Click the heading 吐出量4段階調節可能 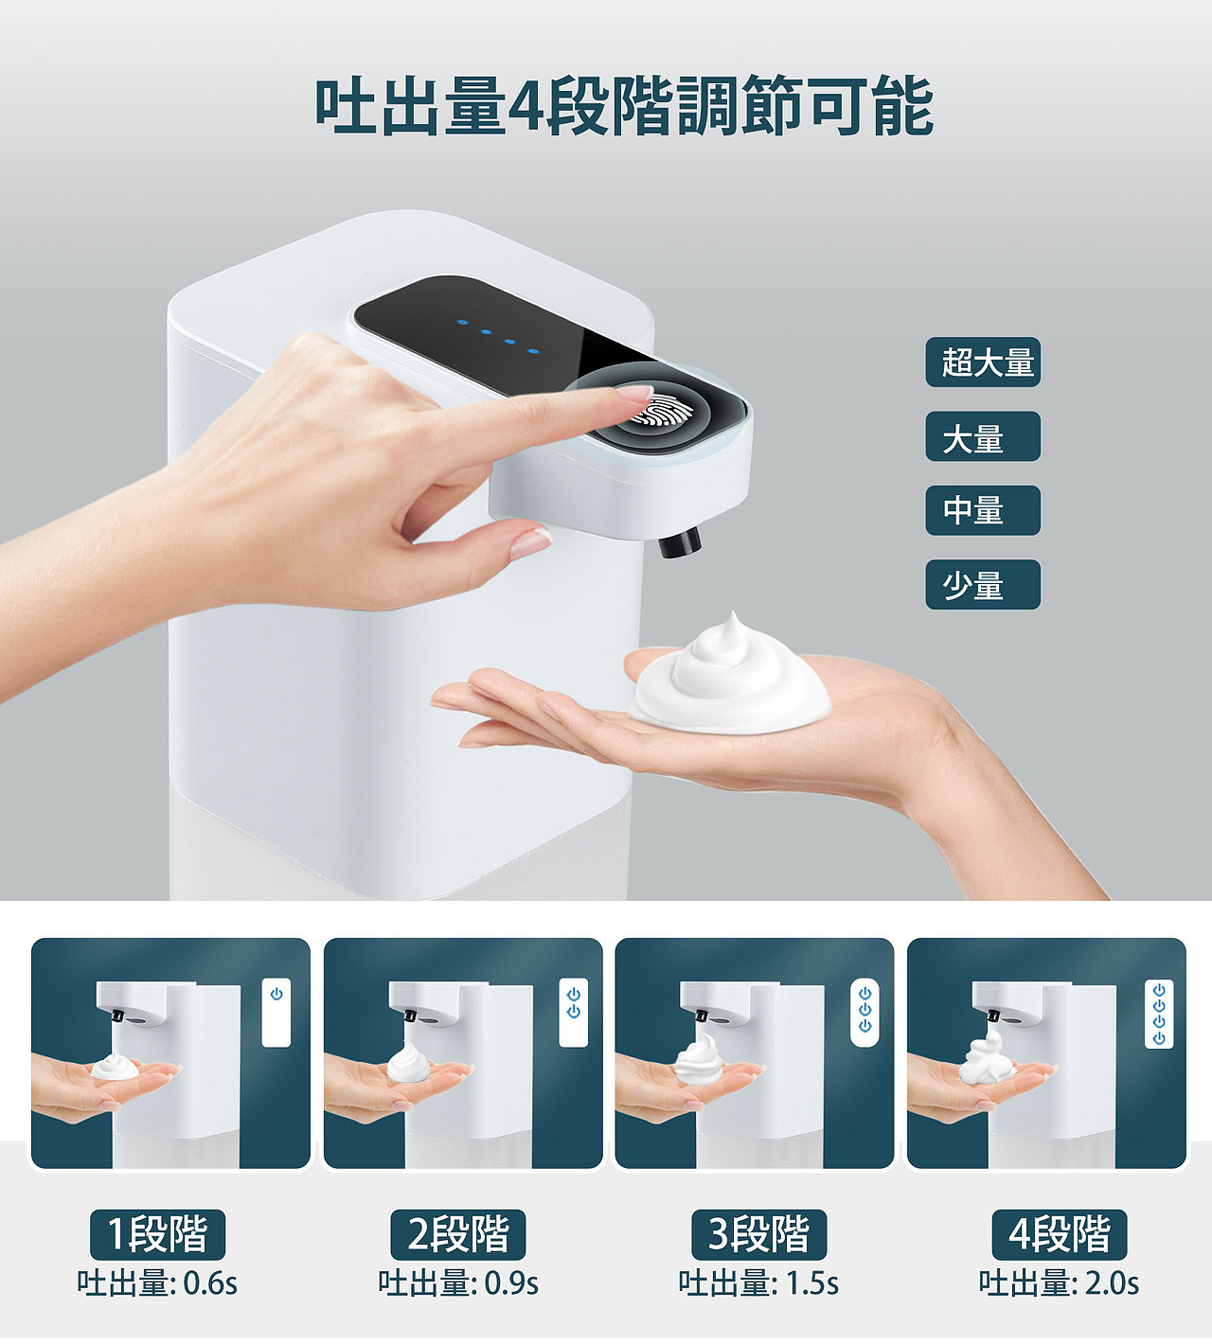coord(624,106)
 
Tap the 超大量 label coord(983,363)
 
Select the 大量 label coord(983,437)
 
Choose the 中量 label coord(983,511)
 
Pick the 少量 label coord(983,585)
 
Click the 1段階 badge coord(157,1234)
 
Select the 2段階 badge coord(458,1234)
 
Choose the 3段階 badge coord(758,1234)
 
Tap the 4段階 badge coord(1060,1234)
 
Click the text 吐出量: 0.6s coord(157,1283)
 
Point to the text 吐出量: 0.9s coord(458,1283)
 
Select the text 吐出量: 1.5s coord(758,1283)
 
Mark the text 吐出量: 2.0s coord(1060,1283)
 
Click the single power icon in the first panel coord(276,995)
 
